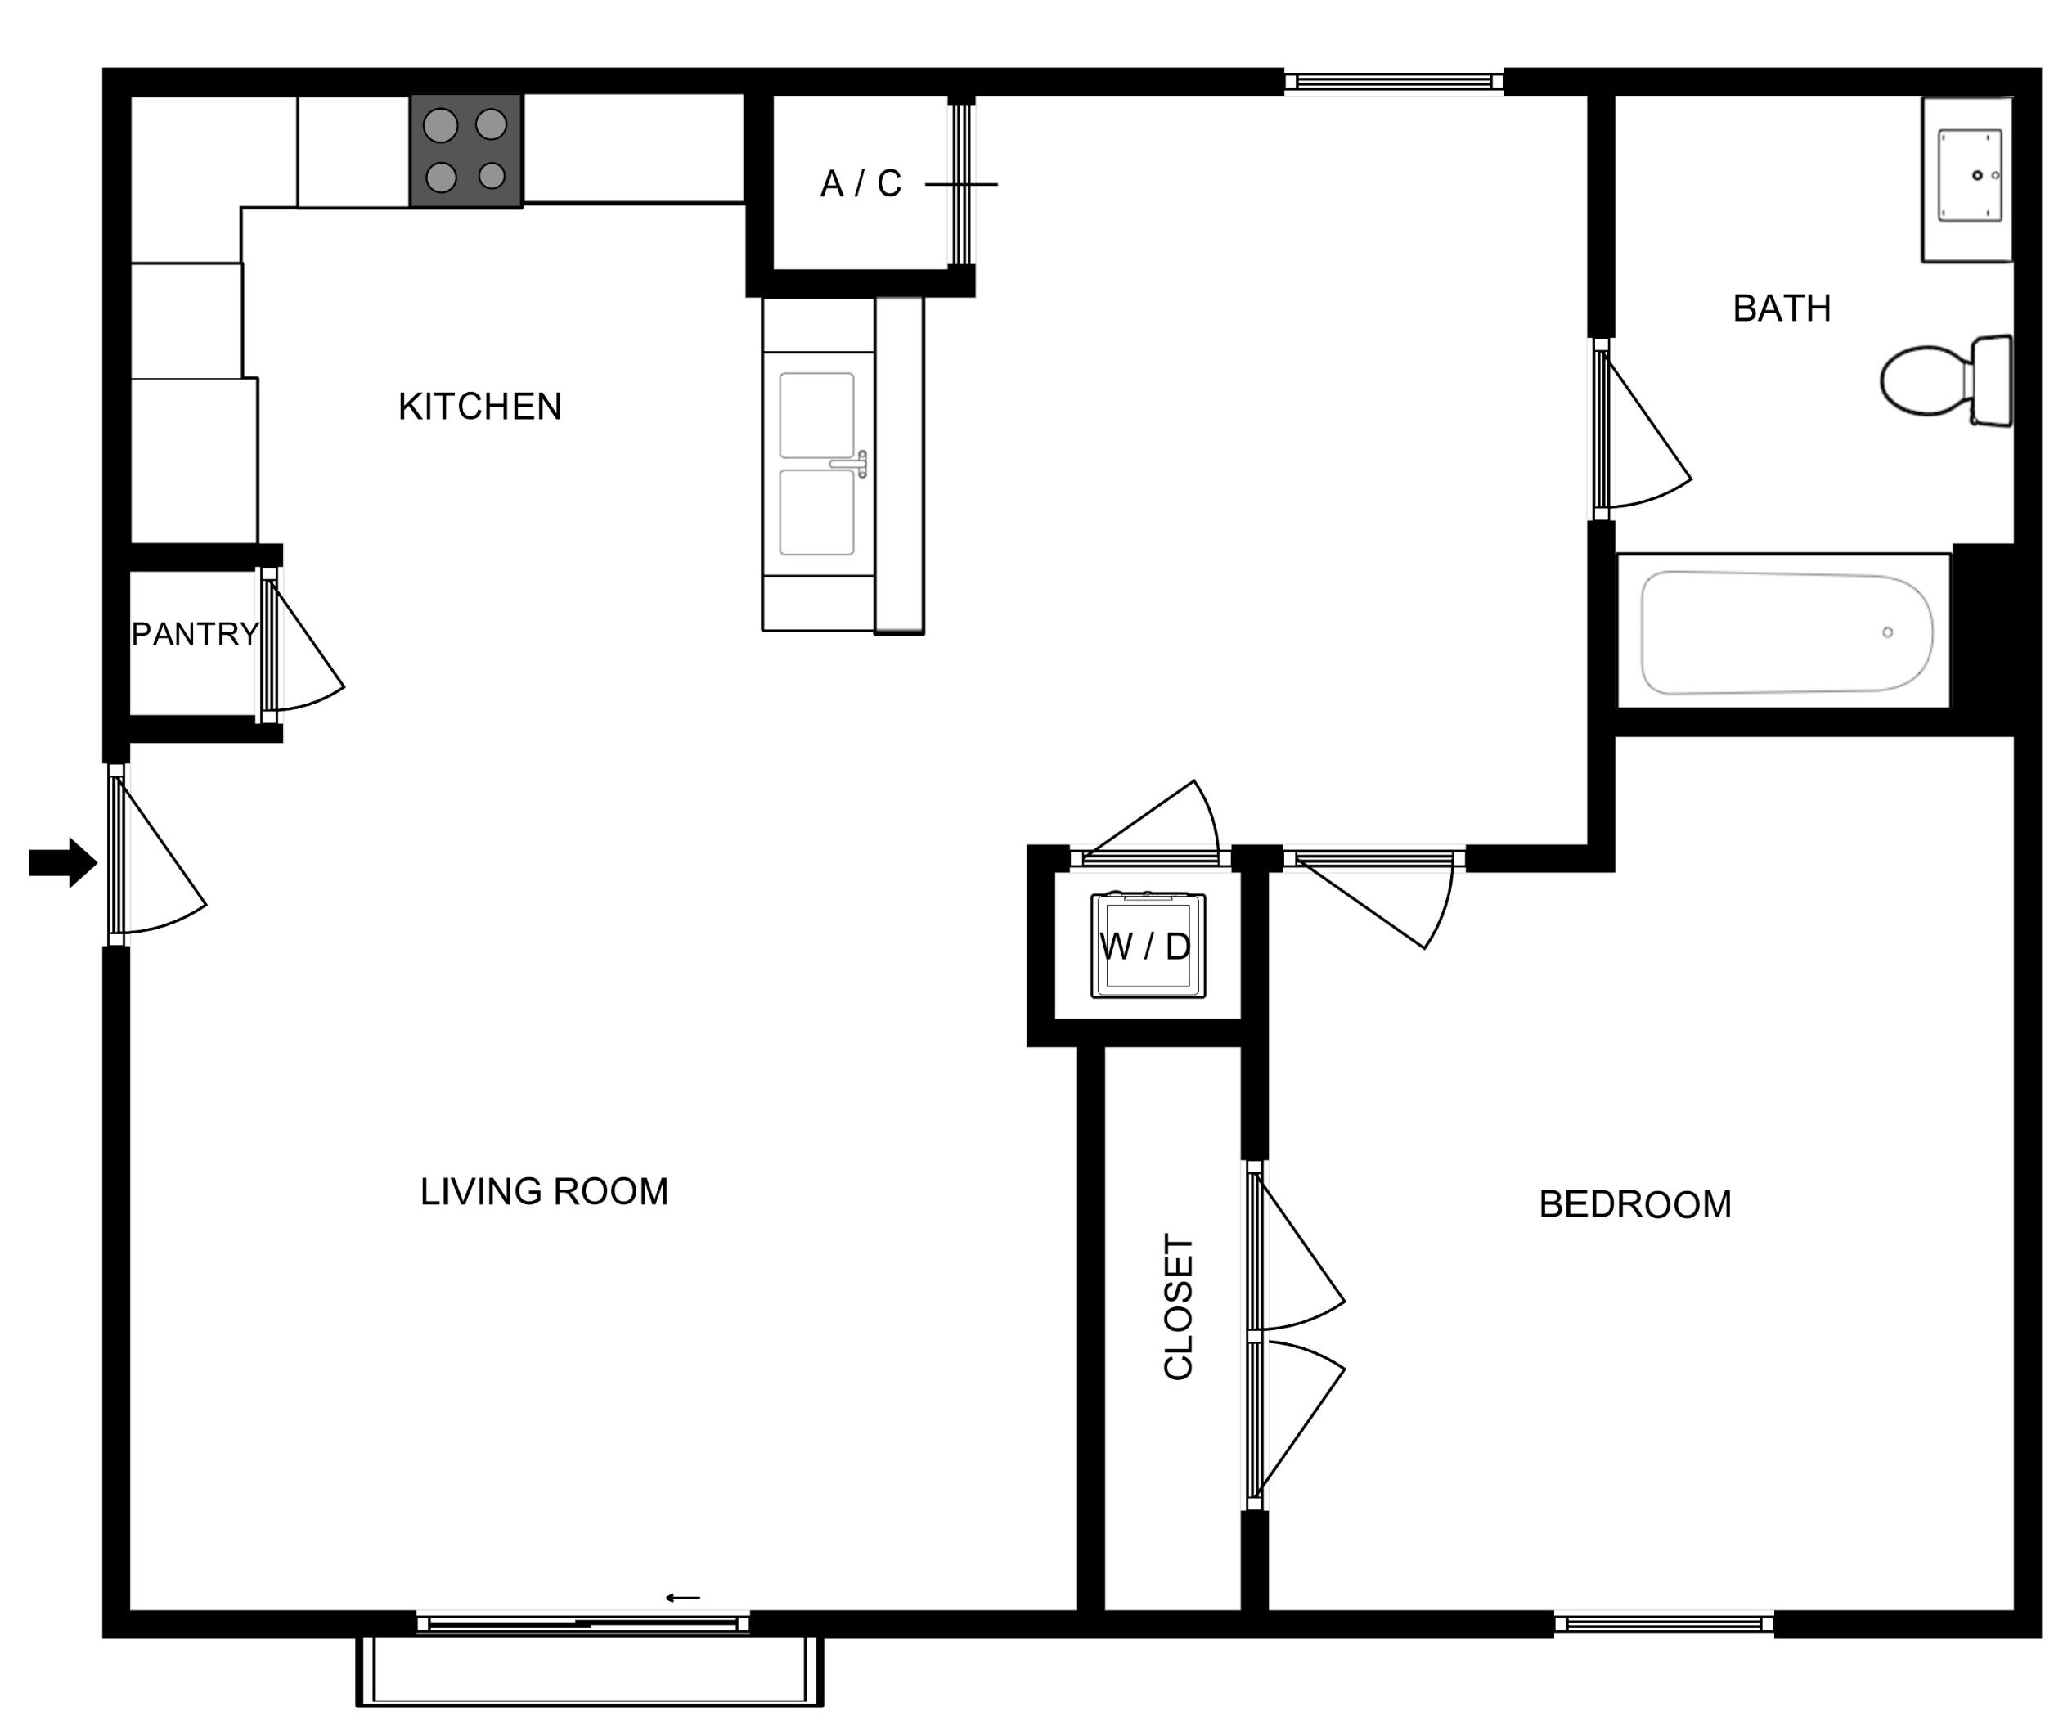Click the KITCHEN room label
coord(479,407)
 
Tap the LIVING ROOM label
coord(544,1192)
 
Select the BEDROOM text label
coord(1634,1204)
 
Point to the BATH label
coord(1782,308)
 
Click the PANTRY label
coord(195,635)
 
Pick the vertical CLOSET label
coord(1178,1306)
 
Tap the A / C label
coord(861,184)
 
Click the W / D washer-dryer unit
coord(1148,945)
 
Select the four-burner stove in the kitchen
coord(466,151)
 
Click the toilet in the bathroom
coord(1946,380)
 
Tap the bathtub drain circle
coord(1887,632)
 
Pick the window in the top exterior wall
coord(1394,82)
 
